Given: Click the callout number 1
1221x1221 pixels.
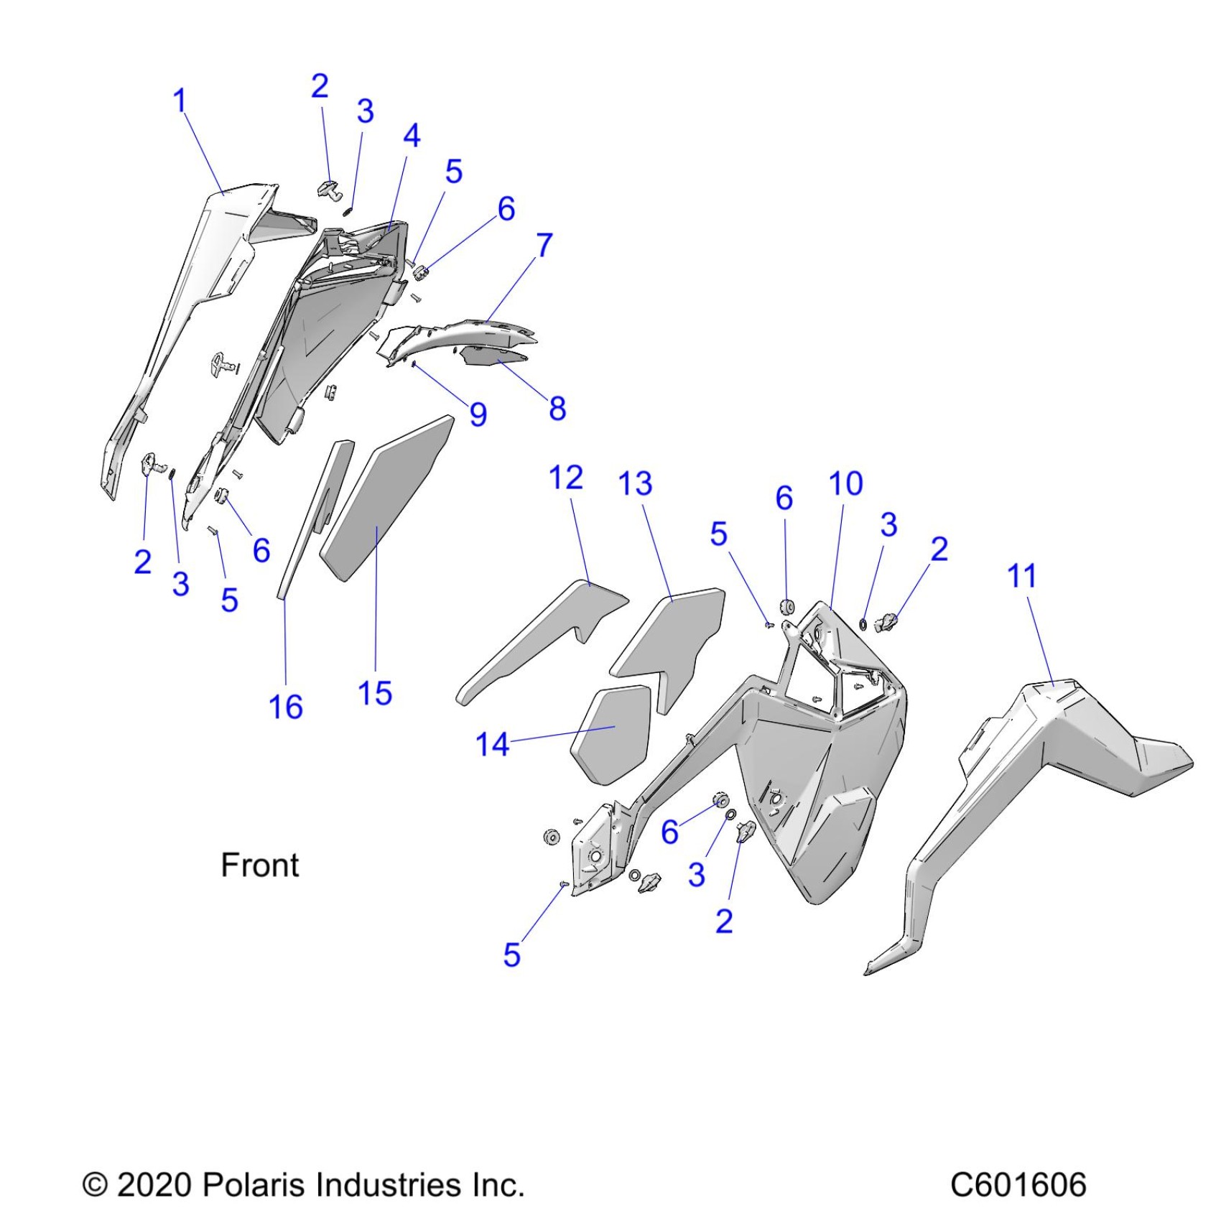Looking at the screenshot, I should [180, 101].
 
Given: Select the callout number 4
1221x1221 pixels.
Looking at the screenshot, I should [412, 136].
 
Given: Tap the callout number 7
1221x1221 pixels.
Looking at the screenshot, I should [544, 245].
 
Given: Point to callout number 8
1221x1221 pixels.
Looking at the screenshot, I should [557, 409].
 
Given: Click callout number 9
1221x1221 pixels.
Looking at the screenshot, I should [478, 414].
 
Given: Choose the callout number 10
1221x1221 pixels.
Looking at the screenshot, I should [845, 484].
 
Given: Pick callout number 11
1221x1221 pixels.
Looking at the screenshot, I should [1022, 576].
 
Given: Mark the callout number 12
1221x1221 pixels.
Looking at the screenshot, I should [565, 478].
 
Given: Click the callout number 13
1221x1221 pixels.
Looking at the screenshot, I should [636, 484].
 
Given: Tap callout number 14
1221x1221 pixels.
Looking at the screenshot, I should [492, 745].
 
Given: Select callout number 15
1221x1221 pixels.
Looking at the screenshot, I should [375, 694].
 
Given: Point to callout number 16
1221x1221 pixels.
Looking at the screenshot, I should [285, 707].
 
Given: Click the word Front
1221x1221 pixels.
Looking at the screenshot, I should [259, 865].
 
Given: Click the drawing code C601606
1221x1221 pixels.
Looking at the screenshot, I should [1018, 1185].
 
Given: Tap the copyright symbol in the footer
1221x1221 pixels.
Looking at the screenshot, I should [95, 1185].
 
